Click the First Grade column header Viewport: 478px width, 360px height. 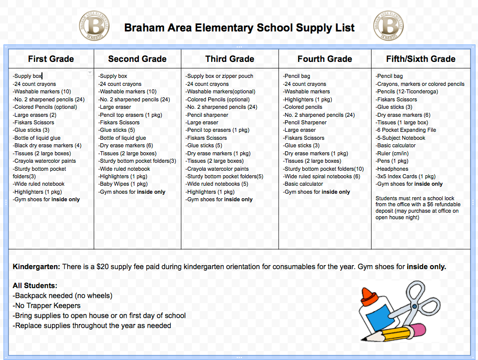click(50, 59)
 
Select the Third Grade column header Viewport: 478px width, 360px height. click(230, 59)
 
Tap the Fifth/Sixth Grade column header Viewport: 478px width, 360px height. click(421, 59)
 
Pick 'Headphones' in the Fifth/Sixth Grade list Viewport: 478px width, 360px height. click(392, 169)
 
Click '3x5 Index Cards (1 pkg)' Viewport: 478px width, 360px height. click(406, 177)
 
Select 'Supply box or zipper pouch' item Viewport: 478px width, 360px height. click(220, 76)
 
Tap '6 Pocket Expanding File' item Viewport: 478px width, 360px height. click(406, 130)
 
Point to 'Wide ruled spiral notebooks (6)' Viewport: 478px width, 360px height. click(322, 177)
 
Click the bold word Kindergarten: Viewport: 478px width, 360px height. click(36, 267)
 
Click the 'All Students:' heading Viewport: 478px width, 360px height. click(35, 286)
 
